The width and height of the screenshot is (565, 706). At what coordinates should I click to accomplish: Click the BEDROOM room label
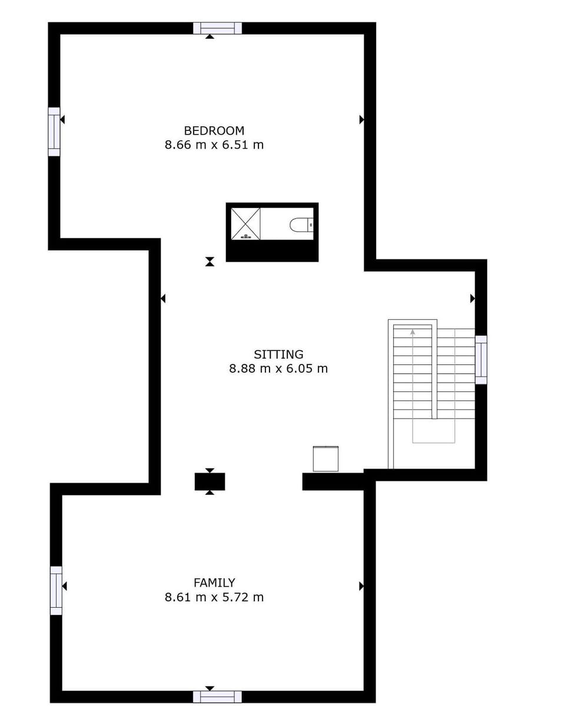click(x=214, y=131)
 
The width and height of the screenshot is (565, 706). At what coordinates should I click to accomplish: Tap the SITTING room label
click(x=278, y=354)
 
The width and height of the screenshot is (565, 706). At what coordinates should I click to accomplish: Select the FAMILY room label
click(x=214, y=583)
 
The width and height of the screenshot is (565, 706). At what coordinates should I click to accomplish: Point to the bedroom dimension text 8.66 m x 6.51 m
click(x=214, y=145)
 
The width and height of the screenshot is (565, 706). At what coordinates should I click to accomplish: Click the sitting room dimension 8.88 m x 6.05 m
click(x=278, y=369)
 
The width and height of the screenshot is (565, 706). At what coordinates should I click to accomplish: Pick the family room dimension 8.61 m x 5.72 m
click(x=214, y=597)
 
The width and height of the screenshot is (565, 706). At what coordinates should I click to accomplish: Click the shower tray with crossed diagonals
click(x=245, y=223)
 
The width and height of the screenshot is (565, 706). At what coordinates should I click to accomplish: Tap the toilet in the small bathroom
click(x=301, y=225)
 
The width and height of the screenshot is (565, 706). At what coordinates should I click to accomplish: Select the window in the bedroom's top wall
click(x=217, y=28)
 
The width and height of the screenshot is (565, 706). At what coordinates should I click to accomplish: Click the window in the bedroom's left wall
click(x=54, y=132)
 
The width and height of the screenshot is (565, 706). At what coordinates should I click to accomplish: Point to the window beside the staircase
click(x=481, y=360)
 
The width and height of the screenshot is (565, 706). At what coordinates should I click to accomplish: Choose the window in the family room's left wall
click(x=56, y=590)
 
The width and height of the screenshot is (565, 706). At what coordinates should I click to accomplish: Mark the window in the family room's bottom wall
click(x=217, y=697)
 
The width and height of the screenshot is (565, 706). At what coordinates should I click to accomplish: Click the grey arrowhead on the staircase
click(x=413, y=332)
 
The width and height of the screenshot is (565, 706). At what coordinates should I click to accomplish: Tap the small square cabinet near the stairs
click(x=325, y=459)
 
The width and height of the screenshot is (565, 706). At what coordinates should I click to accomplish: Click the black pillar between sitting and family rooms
click(x=210, y=481)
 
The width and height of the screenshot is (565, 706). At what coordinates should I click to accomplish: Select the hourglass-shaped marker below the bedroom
click(x=210, y=262)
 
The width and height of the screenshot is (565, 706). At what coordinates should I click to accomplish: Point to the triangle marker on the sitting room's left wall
click(x=163, y=299)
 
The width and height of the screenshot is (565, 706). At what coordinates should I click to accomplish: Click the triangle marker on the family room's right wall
click(x=361, y=586)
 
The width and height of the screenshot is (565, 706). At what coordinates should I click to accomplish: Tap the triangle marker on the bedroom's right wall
click(x=361, y=119)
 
